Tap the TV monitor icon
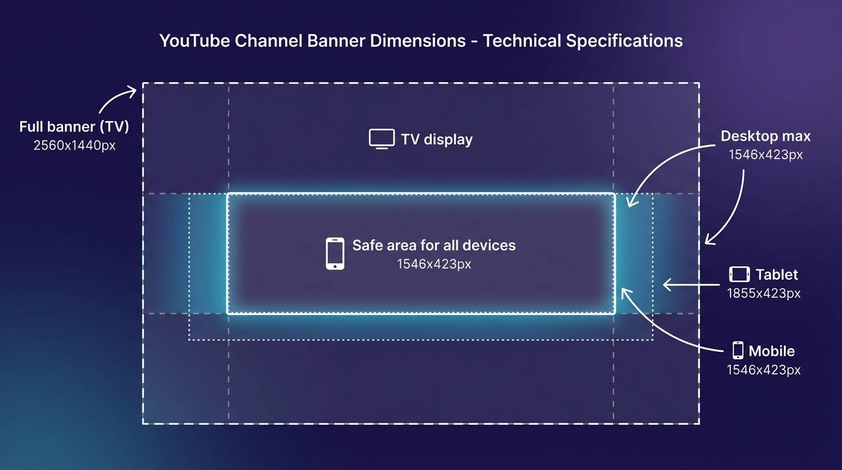pyautogui.click(x=381, y=139)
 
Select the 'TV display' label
pyautogui.click(x=437, y=140)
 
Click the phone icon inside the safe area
pyautogui.click(x=335, y=253)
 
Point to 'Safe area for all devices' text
pyautogui.click(x=434, y=245)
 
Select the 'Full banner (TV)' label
pyautogui.click(x=74, y=127)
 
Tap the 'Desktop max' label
pyautogui.click(x=766, y=136)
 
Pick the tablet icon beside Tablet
pyautogui.click(x=739, y=274)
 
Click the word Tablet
pyautogui.click(x=777, y=275)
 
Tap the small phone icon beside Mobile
pyautogui.click(x=738, y=351)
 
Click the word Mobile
pyautogui.click(x=772, y=351)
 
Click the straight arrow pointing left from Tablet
pyautogui.click(x=691, y=284)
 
